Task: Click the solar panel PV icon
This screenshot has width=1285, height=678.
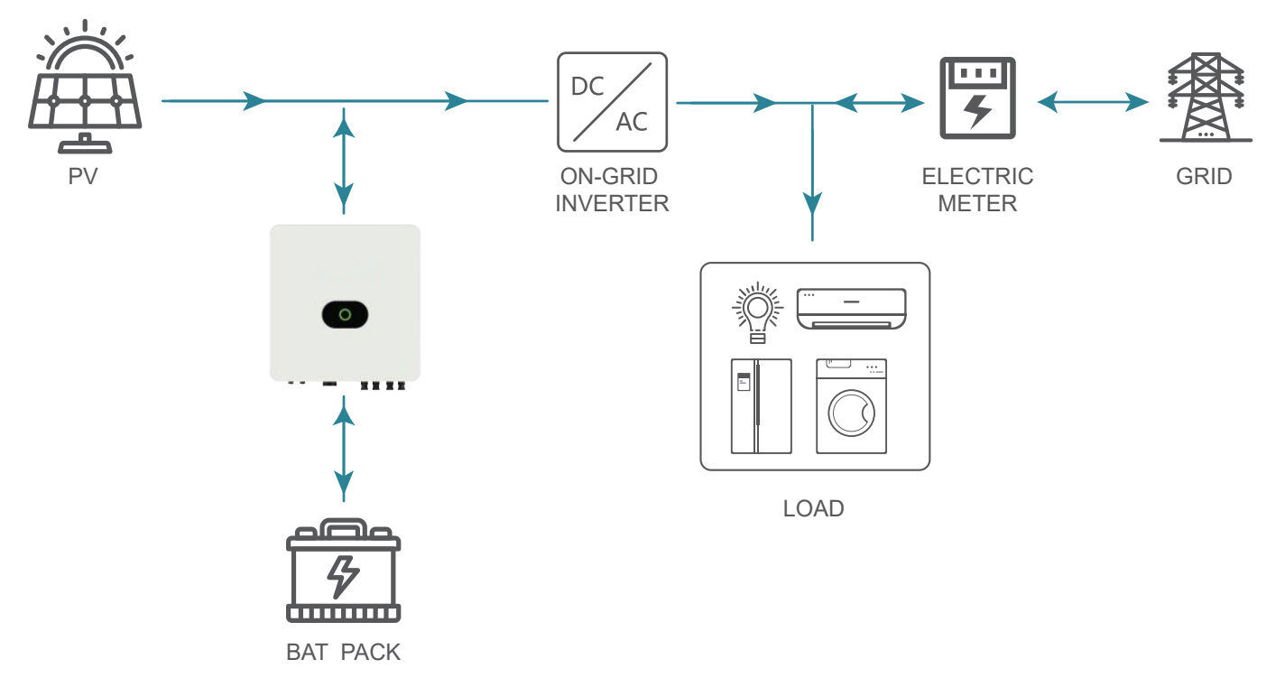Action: pos(85,86)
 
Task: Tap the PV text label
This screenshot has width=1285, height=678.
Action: pos(83,176)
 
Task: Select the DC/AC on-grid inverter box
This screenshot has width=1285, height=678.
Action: pos(612,102)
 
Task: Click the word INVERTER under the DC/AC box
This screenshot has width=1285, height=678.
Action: pos(612,203)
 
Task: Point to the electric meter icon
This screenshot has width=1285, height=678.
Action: pos(977,98)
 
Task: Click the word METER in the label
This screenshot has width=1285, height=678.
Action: pos(977,203)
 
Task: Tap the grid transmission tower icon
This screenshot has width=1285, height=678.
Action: pos(1206,98)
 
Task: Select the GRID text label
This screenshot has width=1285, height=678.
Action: pos(1204,176)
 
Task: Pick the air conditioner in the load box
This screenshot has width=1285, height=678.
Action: pos(851,309)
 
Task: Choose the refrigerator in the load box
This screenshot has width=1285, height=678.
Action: pos(762,406)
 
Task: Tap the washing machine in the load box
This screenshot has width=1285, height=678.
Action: pos(851,406)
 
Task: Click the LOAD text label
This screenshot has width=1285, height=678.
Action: pos(813,508)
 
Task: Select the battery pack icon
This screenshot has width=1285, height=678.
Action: pos(343,571)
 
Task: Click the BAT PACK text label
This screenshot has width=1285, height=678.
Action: pos(343,652)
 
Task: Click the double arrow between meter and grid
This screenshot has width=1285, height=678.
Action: pos(1093,103)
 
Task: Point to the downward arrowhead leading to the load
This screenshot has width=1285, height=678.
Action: pos(812,204)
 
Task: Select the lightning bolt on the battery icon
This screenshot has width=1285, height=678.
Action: pos(343,577)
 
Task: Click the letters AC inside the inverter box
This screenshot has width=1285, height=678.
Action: pos(632,122)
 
